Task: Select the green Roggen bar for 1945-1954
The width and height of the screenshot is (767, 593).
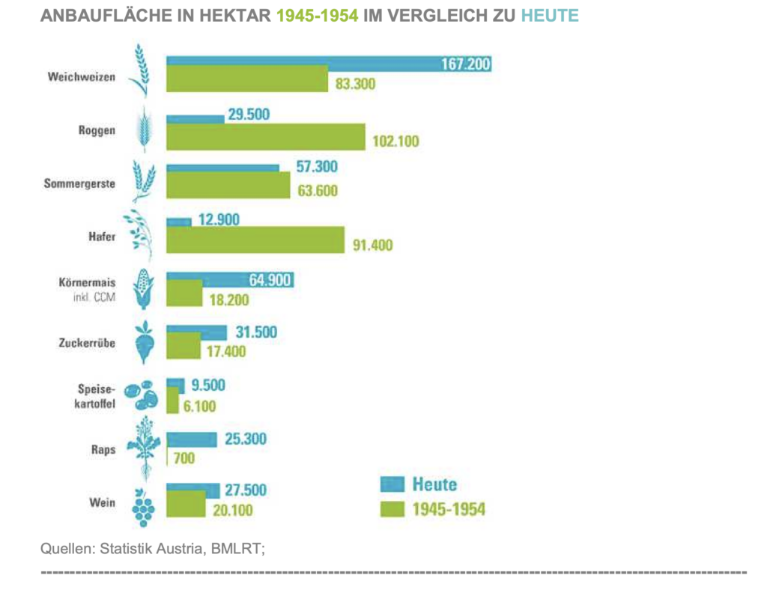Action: (x=265, y=137)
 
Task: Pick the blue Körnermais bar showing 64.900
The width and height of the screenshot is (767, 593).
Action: (x=229, y=279)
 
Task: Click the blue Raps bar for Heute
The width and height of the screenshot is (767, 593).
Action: (x=191, y=439)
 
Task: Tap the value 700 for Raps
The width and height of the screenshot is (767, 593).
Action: (x=184, y=458)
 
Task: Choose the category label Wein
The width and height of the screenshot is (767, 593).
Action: (x=102, y=502)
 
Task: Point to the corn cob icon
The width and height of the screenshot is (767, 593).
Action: (x=142, y=288)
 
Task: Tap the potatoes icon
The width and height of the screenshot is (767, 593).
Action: (x=141, y=395)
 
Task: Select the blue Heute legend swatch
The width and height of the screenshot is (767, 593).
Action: (x=392, y=484)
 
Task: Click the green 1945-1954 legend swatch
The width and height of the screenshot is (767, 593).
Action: (x=392, y=510)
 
